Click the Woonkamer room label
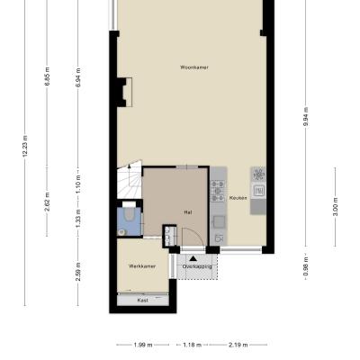[x=194, y=67]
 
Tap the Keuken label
[x=238, y=198]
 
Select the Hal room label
[x=188, y=212]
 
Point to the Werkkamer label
[x=142, y=266]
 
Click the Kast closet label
[x=143, y=300]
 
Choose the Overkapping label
[x=197, y=266]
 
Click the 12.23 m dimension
[x=25, y=146]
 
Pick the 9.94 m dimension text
[x=306, y=116]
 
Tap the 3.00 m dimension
[x=336, y=206]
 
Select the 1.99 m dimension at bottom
[x=142, y=345]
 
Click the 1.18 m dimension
[x=193, y=345]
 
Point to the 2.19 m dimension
[x=238, y=345]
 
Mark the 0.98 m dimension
[x=306, y=266]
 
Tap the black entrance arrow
[x=193, y=258]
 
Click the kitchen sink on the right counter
[x=258, y=190]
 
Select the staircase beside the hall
[x=130, y=180]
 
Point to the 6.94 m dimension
[x=78, y=77]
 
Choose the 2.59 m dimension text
[x=78, y=272]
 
